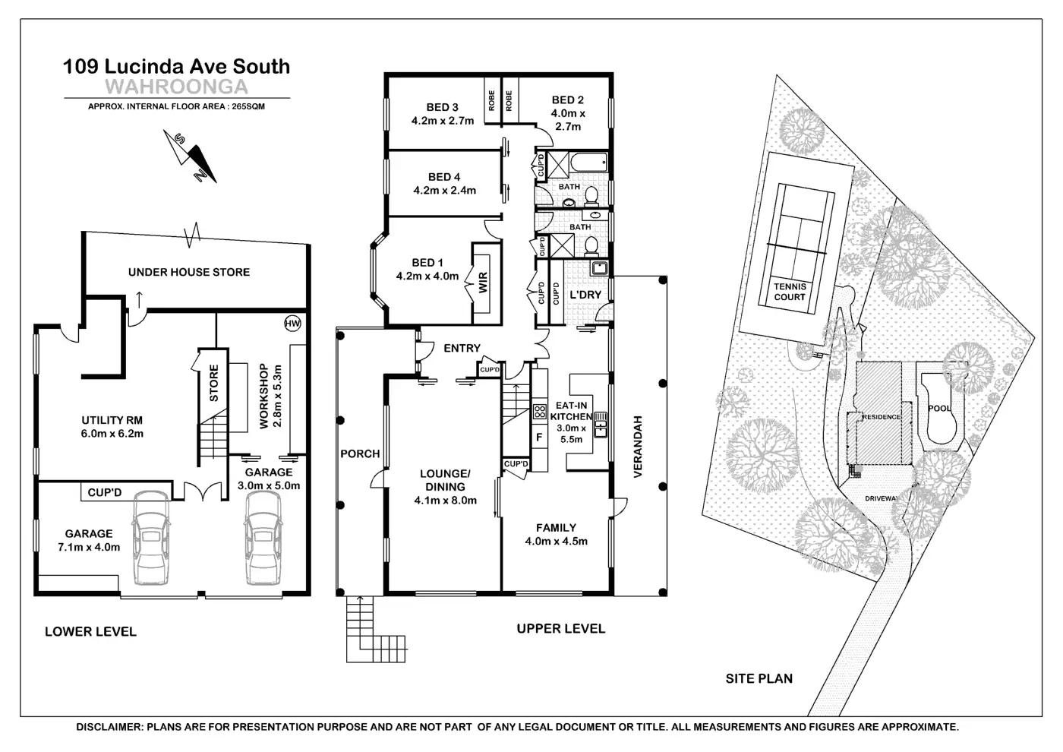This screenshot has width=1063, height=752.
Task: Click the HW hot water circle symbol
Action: tap(292, 324)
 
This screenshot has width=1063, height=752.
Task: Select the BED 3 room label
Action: tap(443, 107)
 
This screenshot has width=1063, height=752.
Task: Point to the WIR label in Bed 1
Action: tap(484, 283)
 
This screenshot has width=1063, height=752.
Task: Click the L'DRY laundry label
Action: tap(585, 295)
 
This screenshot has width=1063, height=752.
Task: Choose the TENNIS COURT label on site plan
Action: tap(790, 292)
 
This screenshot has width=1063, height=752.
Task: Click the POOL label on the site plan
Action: tap(939, 408)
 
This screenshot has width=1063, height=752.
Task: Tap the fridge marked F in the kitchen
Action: tap(539, 438)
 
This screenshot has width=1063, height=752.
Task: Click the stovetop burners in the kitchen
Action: tap(540, 412)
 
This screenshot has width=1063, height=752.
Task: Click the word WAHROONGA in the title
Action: tap(176, 86)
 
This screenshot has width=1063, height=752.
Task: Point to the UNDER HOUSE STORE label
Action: tap(189, 272)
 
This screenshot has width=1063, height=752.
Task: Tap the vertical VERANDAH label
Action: tap(638, 447)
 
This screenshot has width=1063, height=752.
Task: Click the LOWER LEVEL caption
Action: tap(90, 631)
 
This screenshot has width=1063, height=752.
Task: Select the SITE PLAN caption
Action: tap(759, 678)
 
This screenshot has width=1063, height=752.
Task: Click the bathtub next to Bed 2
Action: tap(588, 162)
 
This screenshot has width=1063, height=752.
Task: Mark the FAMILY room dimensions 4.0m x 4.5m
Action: tap(556, 542)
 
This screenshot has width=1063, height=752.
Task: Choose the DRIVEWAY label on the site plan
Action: tap(882, 499)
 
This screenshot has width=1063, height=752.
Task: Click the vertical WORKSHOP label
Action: tap(264, 397)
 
